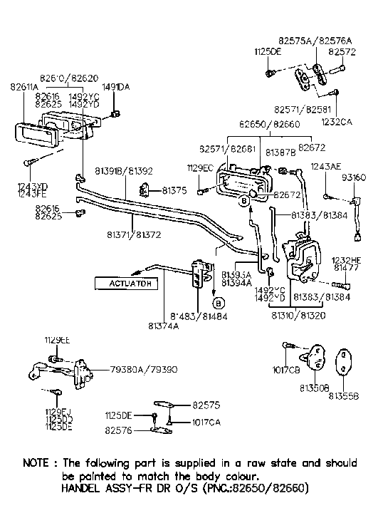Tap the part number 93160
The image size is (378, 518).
(353, 177)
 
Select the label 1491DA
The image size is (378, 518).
(115, 87)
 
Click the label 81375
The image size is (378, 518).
(174, 190)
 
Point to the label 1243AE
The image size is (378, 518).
(326, 167)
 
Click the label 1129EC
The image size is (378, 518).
(201, 167)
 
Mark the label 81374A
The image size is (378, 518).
(164, 326)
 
